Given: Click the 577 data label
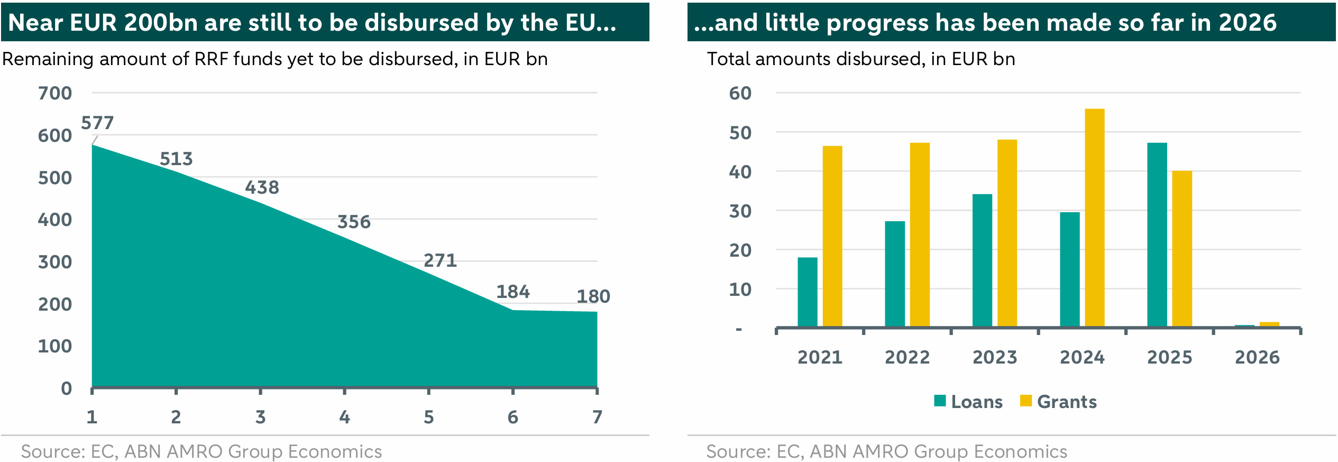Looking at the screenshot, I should click(x=97, y=123).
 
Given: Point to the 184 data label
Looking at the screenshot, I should click(x=512, y=292).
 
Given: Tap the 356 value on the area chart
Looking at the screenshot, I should click(x=354, y=222).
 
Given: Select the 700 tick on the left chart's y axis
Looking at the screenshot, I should click(x=54, y=93).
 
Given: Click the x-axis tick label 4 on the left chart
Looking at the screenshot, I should click(x=344, y=417).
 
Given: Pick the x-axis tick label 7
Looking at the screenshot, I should click(x=597, y=417).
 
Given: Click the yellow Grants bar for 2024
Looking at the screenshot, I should click(x=1094, y=217).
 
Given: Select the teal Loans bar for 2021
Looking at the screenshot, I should click(x=807, y=292).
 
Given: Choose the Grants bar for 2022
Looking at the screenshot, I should click(x=920, y=234).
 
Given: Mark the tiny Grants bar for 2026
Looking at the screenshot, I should click(x=1269, y=324).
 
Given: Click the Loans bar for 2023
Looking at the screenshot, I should click(x=982, y=260).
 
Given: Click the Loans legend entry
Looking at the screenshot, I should click(x=969, y=402).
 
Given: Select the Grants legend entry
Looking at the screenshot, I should click(x=1059, y=402).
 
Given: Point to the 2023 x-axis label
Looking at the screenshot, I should click(x=994, y=357).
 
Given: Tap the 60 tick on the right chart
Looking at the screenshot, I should click(x=740, y=93).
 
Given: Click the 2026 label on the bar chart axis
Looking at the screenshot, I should click(x=1257, y=357).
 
